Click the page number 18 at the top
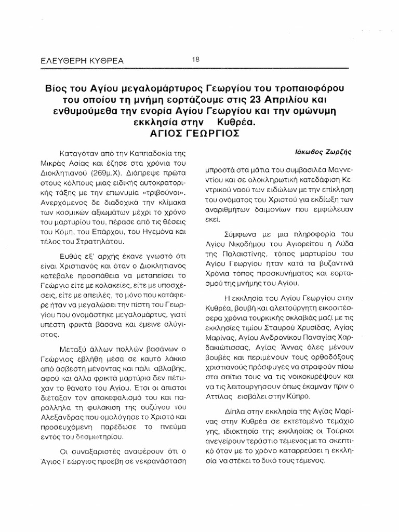[x=195, y=59]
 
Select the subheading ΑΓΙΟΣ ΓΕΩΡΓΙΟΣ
[x=199, y=132]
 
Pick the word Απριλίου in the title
[x=297, y=98]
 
